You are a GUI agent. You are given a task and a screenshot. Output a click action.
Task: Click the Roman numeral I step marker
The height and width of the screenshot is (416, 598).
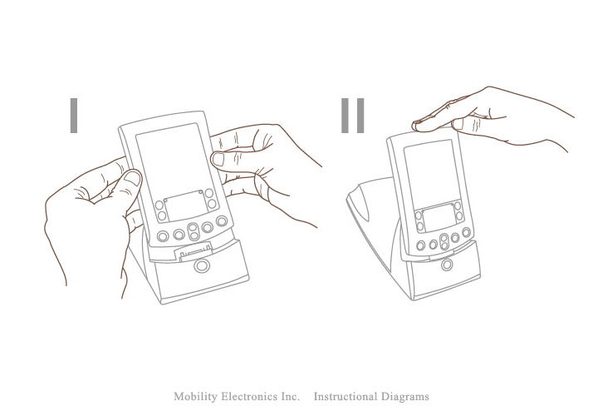pos(74,116)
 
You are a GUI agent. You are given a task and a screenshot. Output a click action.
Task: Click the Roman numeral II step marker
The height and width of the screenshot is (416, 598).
pos(352,116)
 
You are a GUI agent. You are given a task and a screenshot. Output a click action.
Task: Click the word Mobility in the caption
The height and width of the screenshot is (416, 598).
pos(194,397)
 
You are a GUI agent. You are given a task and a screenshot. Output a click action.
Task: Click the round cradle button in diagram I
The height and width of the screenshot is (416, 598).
pos(202,265)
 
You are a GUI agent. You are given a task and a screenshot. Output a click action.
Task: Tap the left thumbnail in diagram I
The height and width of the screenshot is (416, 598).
pos(133,178)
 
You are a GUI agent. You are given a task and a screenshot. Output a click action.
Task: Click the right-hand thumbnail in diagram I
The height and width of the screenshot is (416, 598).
pos(218,159)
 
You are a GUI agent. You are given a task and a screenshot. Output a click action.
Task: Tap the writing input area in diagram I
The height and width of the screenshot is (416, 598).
pos(185,206)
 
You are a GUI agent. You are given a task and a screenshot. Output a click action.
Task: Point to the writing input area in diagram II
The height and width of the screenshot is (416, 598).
pos(439,218)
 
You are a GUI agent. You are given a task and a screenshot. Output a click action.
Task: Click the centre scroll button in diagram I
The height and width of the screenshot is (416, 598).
pos(194,231)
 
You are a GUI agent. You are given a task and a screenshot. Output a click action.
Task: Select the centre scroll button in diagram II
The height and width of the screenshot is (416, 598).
pos(444,242)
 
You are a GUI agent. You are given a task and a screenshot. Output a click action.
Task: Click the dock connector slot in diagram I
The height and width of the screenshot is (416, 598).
pos(194,253)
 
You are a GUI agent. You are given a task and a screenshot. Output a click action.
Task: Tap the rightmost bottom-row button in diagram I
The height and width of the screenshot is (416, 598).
pos(222,220)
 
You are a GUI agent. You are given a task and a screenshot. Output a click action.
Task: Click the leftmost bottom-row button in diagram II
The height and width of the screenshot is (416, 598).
pos(420,245)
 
